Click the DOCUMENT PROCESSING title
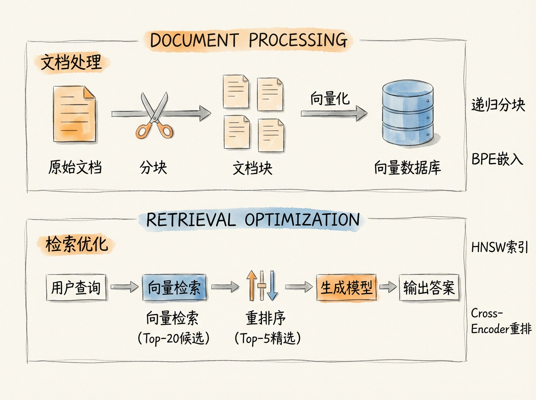(249, 41)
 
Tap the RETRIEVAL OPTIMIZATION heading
(253, 220)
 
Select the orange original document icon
(74, 113)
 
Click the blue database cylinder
(408, 115)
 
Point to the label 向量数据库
(407, 168)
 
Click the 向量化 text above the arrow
(330, 99)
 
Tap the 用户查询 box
(76, 288)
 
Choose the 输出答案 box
(428, 287)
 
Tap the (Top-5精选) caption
(267, 338)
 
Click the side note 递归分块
(498, 105)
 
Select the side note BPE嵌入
(497, 159)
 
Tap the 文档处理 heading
(71, 63)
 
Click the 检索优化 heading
(76, 245)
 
